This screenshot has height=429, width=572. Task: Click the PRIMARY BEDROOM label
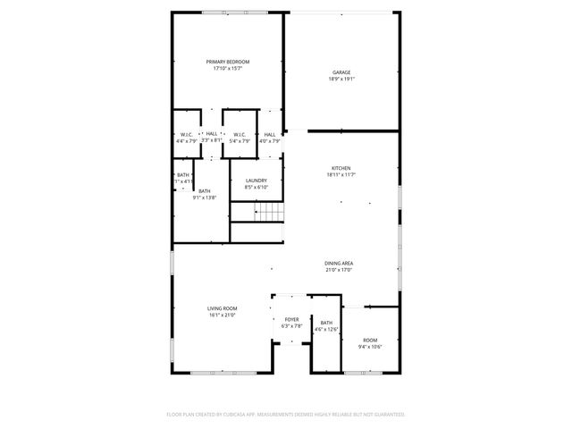(x=228, y=62)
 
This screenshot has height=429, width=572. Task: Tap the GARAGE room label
(x=341, y=72)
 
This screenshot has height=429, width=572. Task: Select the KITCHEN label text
(x=341, y=167)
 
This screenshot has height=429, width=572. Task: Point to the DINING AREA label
(x=339, y=263)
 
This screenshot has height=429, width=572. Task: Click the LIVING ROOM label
(x=222, y=307)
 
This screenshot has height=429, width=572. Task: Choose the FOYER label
(x=292, y=319)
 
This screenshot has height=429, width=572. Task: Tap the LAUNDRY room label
(x=257, y=181)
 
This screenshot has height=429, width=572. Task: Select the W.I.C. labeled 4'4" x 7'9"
(x=187, y=134)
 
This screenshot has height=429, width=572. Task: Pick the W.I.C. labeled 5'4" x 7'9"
(x=239, y=134)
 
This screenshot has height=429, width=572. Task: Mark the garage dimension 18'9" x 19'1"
(x=341, y=79)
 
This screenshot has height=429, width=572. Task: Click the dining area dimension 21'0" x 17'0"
(x=339, y=269)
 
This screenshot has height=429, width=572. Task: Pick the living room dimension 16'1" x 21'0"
(x=222, y=314)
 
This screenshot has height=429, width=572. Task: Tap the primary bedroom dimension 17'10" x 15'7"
(x=228, y=68)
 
